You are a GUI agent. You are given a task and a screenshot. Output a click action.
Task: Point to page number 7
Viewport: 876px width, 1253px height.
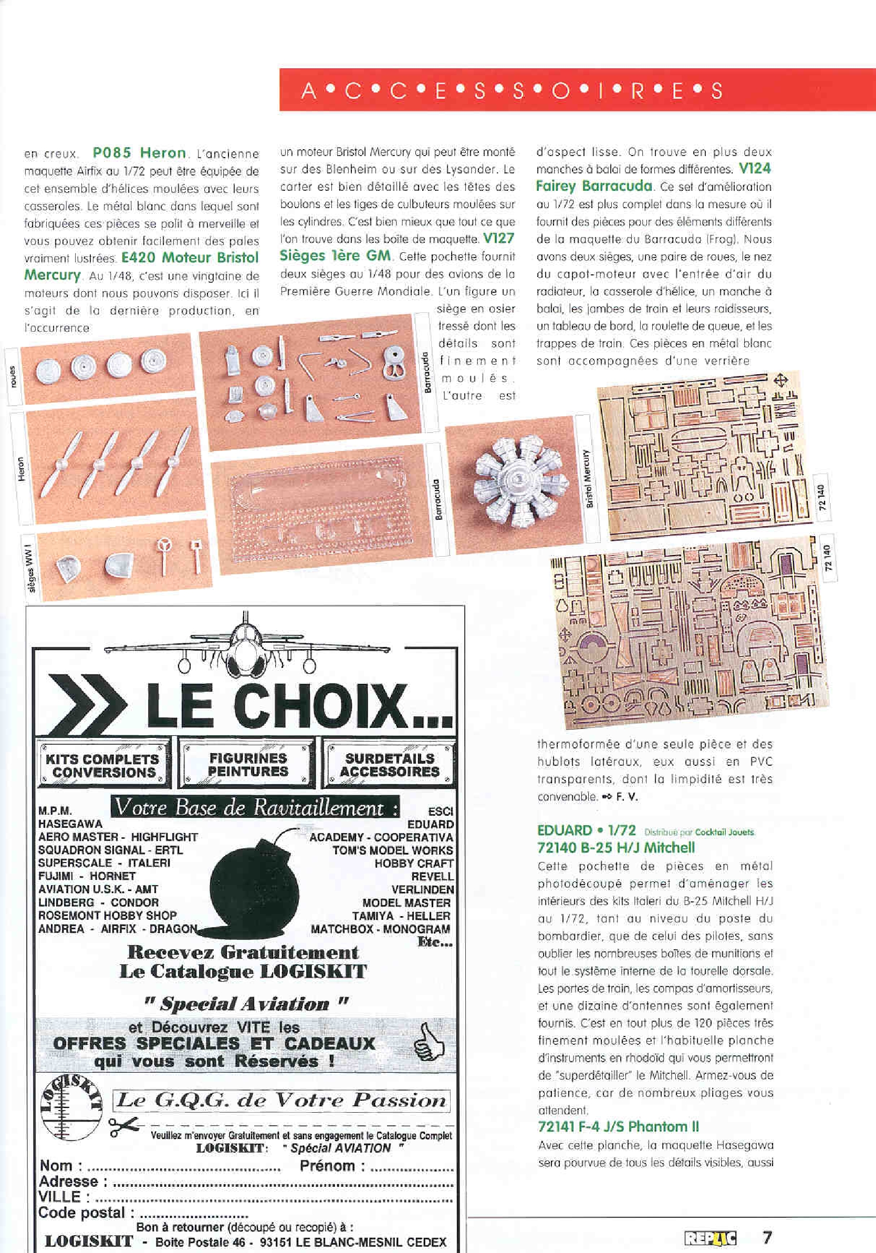click(767, 1236)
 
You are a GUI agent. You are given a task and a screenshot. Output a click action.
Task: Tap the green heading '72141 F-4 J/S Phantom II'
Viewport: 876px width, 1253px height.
click(618, 1126)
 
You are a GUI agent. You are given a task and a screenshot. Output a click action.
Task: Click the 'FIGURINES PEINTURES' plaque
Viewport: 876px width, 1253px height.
click(248, 764)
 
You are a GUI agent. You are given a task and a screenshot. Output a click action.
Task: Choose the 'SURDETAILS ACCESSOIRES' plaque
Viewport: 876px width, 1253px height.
click(390, 765)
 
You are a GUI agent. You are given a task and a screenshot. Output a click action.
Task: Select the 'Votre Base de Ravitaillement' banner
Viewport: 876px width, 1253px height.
click(255, 808)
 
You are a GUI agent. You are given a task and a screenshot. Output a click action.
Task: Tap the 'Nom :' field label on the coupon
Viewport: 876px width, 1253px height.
click(61, 1166)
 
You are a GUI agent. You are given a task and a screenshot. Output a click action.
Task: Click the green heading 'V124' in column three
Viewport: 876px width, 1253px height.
click(755, 169)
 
